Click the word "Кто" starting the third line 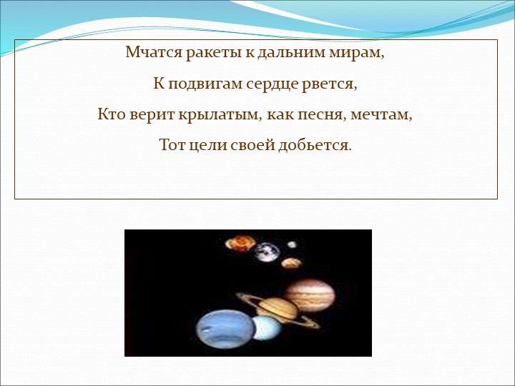pos(112,114)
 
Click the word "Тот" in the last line pos(172,145)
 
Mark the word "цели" pos(210,145)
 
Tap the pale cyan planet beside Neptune pos(267,330)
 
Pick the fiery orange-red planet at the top pos(240,243)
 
